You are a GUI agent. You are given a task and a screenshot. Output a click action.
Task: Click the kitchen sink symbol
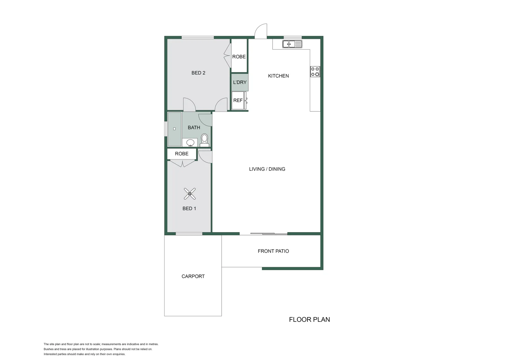(x=292, y=44)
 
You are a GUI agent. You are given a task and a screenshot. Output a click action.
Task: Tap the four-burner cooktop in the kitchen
(x=315, y=71)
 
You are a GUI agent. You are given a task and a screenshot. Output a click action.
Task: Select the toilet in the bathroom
(x=205, y=140)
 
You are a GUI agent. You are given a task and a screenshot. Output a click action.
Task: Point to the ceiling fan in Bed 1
(x=190, y=194)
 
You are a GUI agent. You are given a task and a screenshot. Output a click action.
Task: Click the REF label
(x=238, y=100)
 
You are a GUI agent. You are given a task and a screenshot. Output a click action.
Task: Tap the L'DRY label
(x=240, y=82)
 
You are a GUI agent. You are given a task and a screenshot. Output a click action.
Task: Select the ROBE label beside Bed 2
(x=239, y=57)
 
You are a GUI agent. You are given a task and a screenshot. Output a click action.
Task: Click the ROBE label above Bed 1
(x=182, y=154)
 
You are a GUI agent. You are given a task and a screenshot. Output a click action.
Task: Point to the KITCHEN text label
(x=278, y=76)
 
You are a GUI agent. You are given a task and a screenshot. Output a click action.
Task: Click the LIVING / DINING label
(x=267, y=169)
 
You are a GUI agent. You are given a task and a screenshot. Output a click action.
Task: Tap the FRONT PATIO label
(x=273, y=251)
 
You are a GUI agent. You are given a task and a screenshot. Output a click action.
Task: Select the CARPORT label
(x=193, y=276)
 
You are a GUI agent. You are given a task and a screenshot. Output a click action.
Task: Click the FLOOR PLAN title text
(x=309, y=320)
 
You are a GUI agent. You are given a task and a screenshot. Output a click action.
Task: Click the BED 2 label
(x=198, y=73)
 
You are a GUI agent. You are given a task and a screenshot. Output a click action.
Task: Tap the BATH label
(x=194, y=127)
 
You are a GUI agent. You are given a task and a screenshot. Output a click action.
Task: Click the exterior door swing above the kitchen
(x=261, y=31)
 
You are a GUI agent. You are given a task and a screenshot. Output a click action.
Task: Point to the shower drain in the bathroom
(x=174, y=129)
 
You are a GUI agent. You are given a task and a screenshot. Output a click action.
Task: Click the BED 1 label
(x=189, y=209)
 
